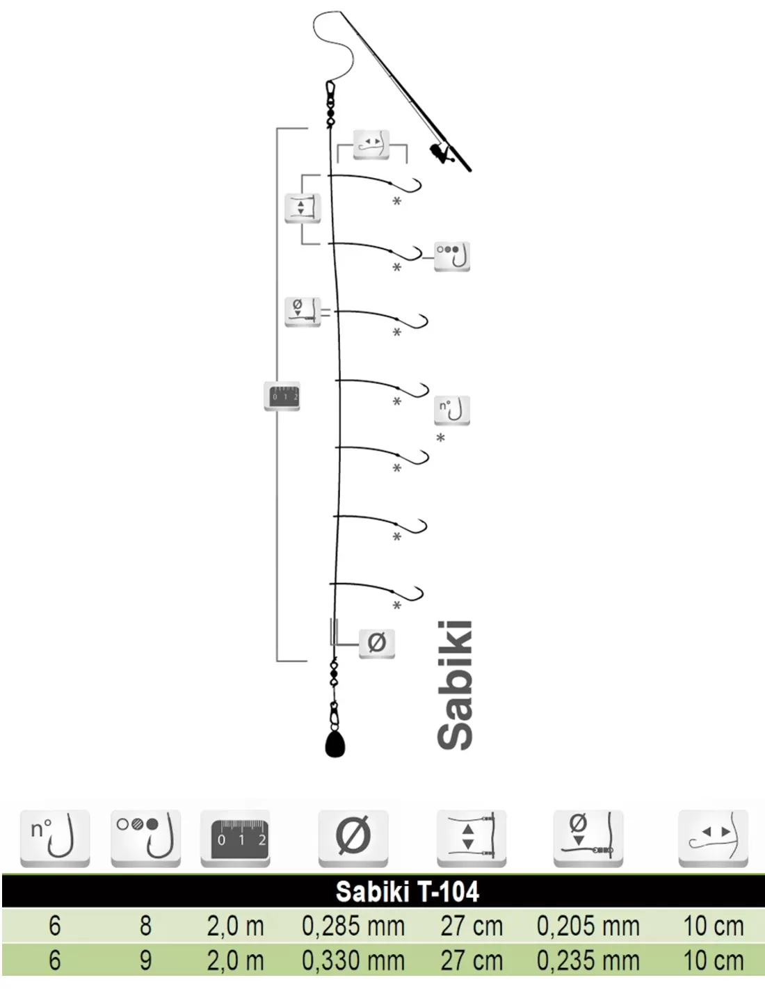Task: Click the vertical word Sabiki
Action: click(455, 686)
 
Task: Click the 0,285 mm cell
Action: click(353, 926)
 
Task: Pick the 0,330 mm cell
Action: click(353, 960)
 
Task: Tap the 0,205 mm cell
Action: click(588, 926)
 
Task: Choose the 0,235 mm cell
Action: click(588, 960)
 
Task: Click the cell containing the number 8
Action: click(145, 926)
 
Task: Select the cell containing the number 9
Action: click(145, 960)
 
